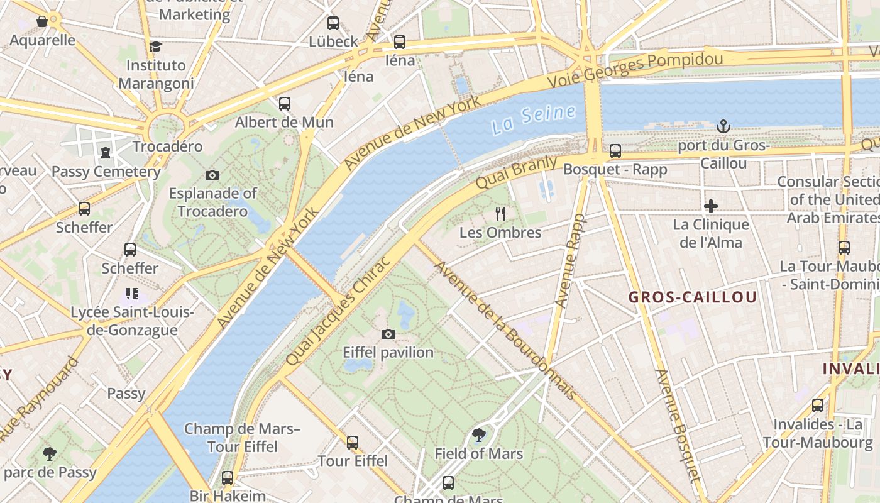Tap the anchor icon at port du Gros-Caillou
[x=723, y=126]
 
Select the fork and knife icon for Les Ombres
[x=500, y=214]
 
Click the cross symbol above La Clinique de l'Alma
[x=711, y=206]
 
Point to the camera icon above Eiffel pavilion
[x=388, y=334]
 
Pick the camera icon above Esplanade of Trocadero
[x=212, y=175]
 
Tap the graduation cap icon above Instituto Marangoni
[x=155, y=47]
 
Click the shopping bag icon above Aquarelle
[x=42, y=22]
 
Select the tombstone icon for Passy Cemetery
[x=106, y=152]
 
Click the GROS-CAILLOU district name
[x=693, y=297]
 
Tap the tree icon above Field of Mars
[x=479, y=434]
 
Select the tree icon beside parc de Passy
[x=49, y=453]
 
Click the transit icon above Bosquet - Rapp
[x=615, y=151]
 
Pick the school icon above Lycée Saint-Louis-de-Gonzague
[x=131, y=293]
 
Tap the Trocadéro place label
[x=167, y=146]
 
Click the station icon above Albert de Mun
[x=285, y=103]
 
